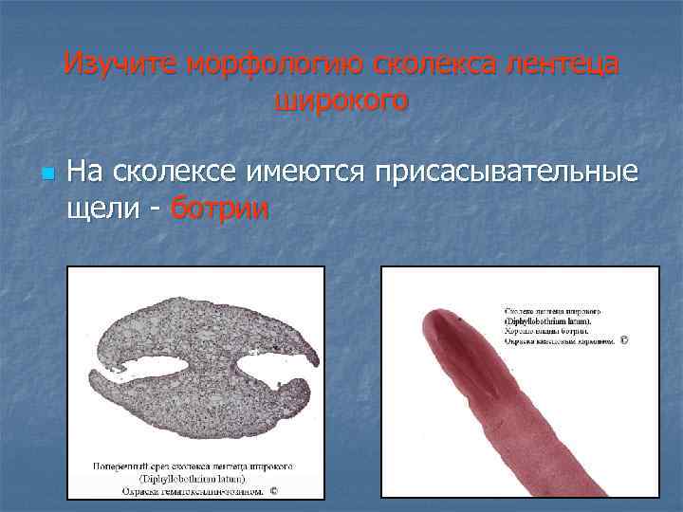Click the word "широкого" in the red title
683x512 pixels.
(341, 99)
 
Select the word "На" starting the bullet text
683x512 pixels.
(85, 173)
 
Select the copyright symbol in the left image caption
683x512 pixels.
(273, 491)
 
